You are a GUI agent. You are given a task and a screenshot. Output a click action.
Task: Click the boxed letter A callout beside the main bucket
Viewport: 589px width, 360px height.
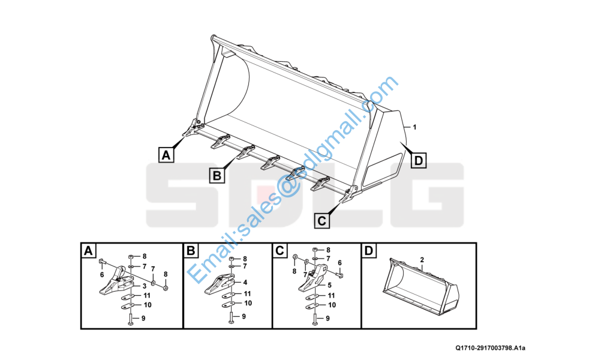(166, 154)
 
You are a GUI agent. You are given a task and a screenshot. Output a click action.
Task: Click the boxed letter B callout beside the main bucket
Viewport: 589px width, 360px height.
(217, 175)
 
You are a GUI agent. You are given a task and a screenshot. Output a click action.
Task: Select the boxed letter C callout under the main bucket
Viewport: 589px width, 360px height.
(322, 220)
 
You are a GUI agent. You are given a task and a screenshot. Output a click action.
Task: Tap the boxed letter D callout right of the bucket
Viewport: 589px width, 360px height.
(419, 160)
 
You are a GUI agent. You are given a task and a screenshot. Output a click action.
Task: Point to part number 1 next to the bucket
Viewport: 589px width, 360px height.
(414, 127)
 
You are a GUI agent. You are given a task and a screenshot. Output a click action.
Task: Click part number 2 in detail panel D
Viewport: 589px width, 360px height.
(422, 260)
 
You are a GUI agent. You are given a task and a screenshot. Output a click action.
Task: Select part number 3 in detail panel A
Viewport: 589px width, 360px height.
(144, 286)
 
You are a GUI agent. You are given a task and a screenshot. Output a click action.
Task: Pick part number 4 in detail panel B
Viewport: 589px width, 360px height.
(245, 282)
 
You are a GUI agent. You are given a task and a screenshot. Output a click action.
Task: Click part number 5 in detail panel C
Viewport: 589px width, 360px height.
(329, 285)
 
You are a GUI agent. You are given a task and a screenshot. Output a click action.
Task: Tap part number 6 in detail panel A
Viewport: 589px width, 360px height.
(102, 275)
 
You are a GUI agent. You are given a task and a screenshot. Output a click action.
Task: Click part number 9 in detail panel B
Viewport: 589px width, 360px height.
(244, 316)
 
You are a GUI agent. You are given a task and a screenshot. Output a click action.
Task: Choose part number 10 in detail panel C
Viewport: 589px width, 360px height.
(332, 305)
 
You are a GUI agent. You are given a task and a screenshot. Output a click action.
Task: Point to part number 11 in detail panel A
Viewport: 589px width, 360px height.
(147, 296)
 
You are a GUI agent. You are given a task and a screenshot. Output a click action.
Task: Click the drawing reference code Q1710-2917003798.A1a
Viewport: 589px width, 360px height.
(490, 348)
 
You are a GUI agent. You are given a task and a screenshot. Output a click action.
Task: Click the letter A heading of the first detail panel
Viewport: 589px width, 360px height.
(88, 251)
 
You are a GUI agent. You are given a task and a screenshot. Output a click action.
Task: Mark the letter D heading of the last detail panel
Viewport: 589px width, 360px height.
(369, 251)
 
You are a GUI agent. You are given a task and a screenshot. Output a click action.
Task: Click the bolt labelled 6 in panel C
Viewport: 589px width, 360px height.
(340, 274)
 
